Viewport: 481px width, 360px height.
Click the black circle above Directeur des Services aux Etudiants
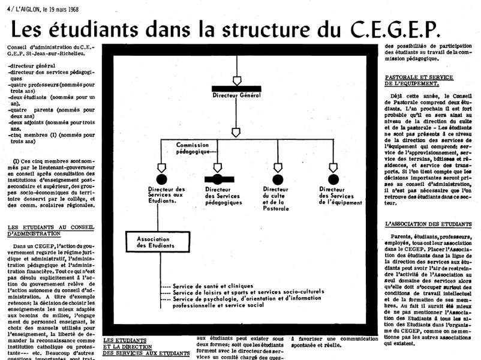coord(161,179)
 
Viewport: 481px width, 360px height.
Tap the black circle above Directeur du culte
coord(277,179)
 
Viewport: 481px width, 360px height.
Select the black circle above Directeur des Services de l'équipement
coord(333,179)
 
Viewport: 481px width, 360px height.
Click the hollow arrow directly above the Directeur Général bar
coord(236,80)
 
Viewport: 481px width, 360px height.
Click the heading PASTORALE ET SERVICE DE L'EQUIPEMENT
coord(419,81)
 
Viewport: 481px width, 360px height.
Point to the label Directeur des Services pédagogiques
coord(223,196)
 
